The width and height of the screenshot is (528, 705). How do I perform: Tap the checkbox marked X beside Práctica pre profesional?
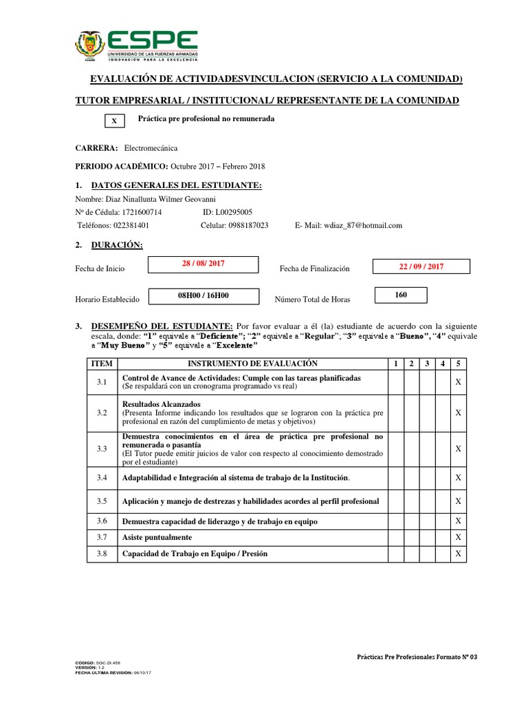coord(115,121)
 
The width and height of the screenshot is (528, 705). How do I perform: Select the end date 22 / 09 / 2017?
coord(421,267)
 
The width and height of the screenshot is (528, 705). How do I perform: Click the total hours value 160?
coord(401,295)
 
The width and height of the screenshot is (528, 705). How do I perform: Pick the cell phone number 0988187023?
coord(245,225)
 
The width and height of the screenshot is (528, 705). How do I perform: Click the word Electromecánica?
coord(151,148)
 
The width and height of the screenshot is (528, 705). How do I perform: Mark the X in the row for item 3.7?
coord(458,536)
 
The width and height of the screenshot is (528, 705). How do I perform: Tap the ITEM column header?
coord(102,363)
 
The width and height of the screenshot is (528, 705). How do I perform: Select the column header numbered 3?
coord(426,363)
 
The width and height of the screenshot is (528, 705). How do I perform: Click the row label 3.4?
coord(102,477)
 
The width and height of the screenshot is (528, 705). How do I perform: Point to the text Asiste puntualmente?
coord(157,537)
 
